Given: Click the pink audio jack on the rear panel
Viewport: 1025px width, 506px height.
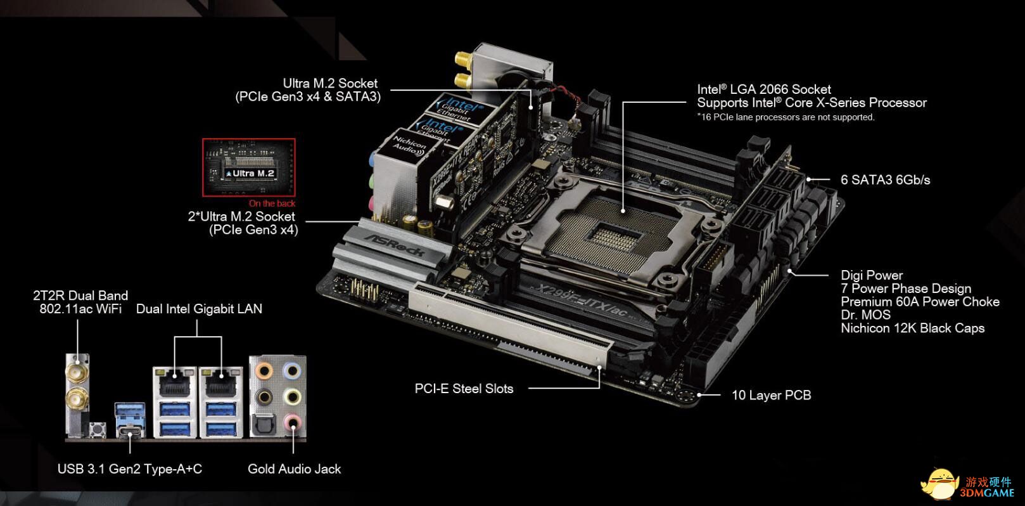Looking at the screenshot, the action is click(x=292, y=422).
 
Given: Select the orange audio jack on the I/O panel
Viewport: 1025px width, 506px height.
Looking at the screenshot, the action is click(x=264, y=370).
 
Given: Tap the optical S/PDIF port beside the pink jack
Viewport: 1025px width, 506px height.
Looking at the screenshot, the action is click(x=263, y=424).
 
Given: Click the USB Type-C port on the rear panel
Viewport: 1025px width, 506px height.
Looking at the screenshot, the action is click(x=130, y=432).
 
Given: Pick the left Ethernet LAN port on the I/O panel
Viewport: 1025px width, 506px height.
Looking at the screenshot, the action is click(x=174, y=384).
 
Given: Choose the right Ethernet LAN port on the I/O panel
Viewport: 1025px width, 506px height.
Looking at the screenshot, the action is click(x=222, y=384).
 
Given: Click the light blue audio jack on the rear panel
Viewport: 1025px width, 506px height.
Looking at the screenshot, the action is click(x=292, y=370).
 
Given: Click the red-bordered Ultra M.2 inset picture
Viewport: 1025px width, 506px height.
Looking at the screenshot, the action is click(x=249, y=167).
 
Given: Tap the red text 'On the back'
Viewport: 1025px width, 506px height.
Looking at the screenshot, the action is click(x=272, y=204).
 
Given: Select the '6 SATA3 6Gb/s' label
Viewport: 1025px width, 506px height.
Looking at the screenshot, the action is click(x=886, y=180).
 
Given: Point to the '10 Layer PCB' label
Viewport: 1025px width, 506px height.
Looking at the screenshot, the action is click(x=772, y=395).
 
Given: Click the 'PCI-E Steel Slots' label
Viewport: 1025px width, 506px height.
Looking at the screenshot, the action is click(x=464, y=389).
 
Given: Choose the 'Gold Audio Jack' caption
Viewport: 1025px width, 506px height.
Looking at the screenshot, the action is click(x=294, y=469).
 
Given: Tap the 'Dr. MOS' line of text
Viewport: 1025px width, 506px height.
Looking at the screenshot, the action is click(x=866, y=315).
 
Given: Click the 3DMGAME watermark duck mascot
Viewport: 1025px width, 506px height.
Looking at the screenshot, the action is click(x=940, y=484).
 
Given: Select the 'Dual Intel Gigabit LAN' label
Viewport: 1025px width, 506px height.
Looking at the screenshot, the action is click(x=199, y=309).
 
